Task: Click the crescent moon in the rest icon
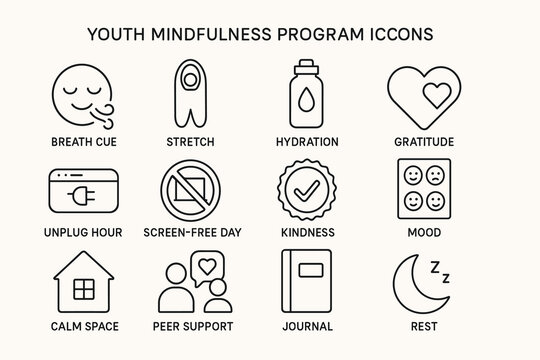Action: pos(414,284)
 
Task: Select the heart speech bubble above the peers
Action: pos(208,268)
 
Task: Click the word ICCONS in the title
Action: pos(398,33)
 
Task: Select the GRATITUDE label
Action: pos(424,142)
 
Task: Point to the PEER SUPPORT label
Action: pos(195,326)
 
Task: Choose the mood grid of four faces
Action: pos(424,187)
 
